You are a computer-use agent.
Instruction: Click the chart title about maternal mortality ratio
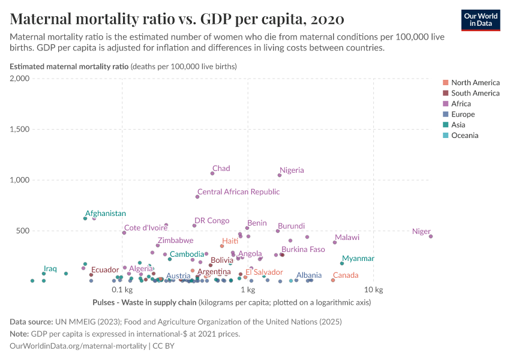[177, 19]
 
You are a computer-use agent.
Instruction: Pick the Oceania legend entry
[464, 136]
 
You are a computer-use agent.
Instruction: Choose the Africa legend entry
[461, 104]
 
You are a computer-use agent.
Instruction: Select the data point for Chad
[212, 173]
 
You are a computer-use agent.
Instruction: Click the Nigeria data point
[280, 175]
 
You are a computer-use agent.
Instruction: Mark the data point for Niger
[431, 236]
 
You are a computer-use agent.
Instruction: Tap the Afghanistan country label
[106, 214]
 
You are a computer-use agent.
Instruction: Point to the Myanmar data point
[342, 263]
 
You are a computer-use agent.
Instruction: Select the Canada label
[345, 275]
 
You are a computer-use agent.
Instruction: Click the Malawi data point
[335, 242]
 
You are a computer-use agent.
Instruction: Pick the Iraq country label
[50, 269]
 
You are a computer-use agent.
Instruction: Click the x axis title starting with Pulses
[145, 302]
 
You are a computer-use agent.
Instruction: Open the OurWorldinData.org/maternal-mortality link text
[79, 346]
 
